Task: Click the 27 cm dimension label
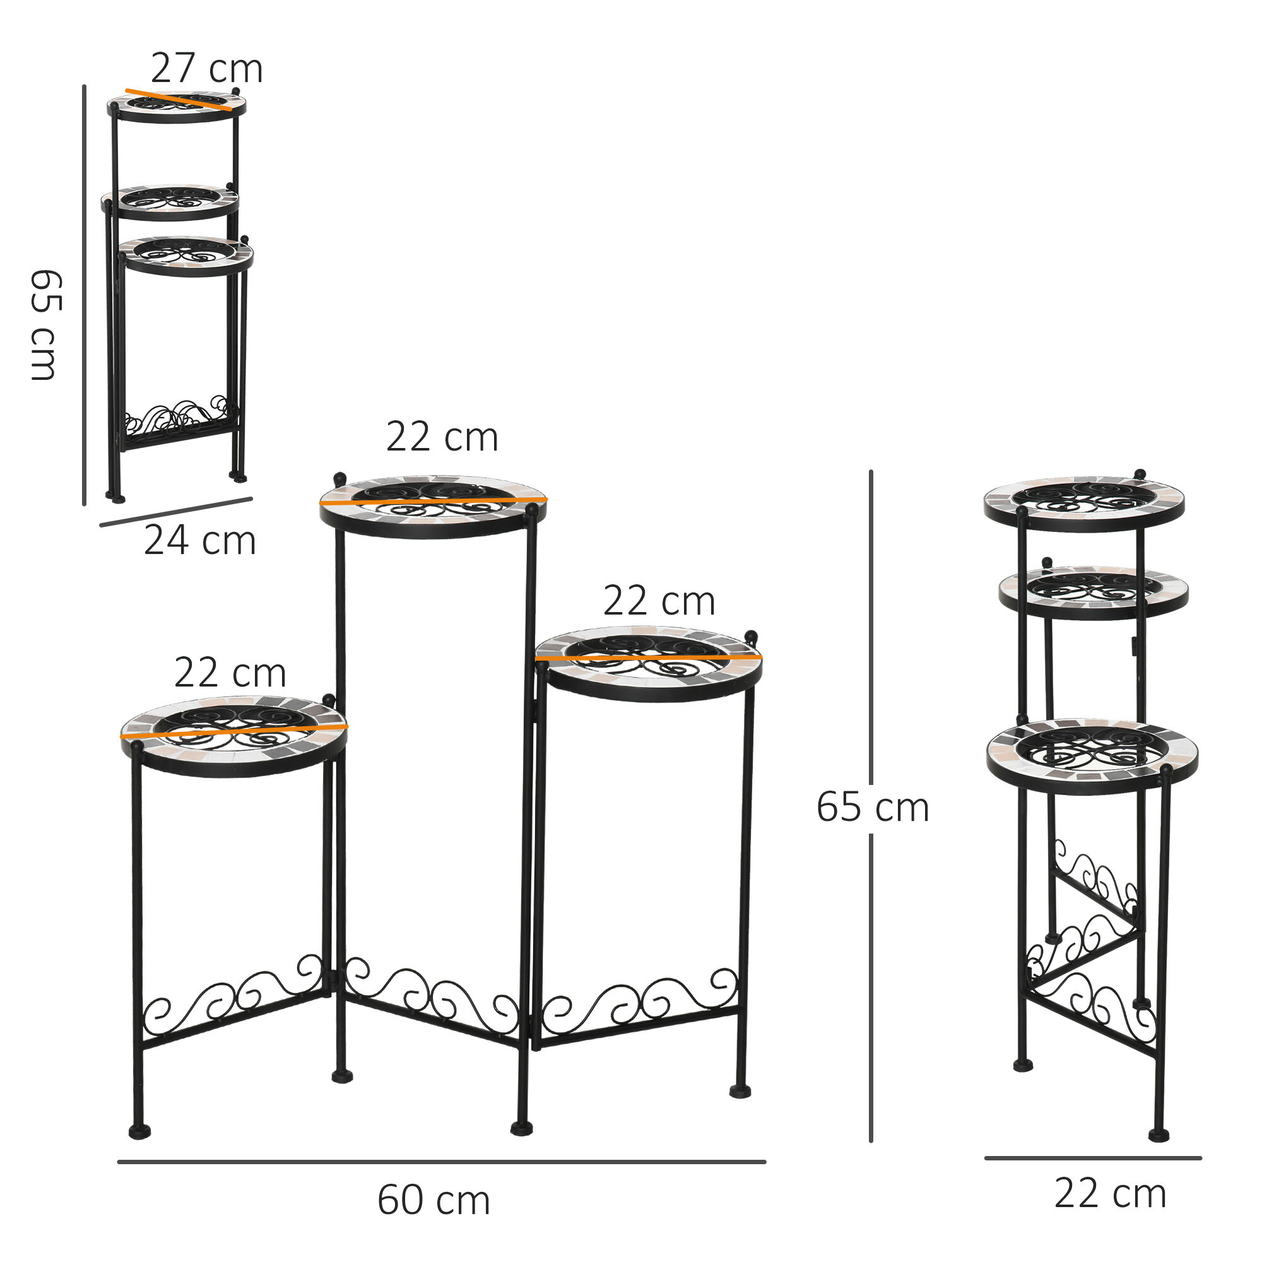pyautogui.click(x=206, y=69)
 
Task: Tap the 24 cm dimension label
pyautogui.click(x=200, y=541)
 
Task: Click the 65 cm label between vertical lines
pyautogui.click(x=872, y=808)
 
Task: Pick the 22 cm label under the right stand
pyautogui.click(x=1111, y=1194)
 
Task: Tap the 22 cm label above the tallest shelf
pyautogui.click(x=442, y=437)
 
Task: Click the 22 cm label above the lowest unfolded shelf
pyautogui.click(x=230, y=673)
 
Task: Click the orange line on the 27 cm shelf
pyautogui.click(x=179, y=100)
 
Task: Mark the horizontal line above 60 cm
pyautogui.click(x=442, y=1162)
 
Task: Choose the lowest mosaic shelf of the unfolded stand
pyautogui.click(x=234, y=737)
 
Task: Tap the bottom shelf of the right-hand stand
pyautogui.click(x=1092, y=757)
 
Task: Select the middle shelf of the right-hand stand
pyautogui.click(x=1093, y=592)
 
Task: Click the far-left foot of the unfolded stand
pyautogui.click(x=139, y=1131)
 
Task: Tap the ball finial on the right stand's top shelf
pyautogui.click(x=1140, y=475)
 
